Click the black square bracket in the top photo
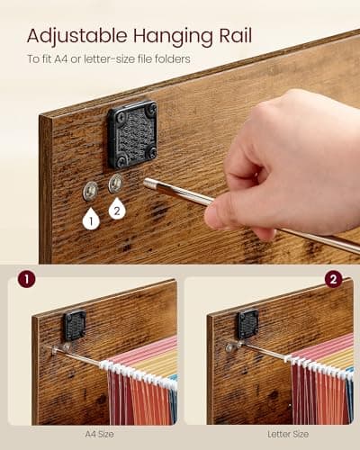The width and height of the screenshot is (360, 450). tap(131, 133)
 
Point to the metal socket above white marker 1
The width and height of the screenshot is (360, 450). tap(90, 190)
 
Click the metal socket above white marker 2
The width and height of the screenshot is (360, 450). tap(115, 184)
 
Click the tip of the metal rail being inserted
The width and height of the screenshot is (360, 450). tap(148, 183)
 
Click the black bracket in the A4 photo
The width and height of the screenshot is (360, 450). tap(74, 324)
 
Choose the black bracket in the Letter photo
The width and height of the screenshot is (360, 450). tap(246, 323)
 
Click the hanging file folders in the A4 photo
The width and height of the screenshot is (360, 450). tap(139, 387)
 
